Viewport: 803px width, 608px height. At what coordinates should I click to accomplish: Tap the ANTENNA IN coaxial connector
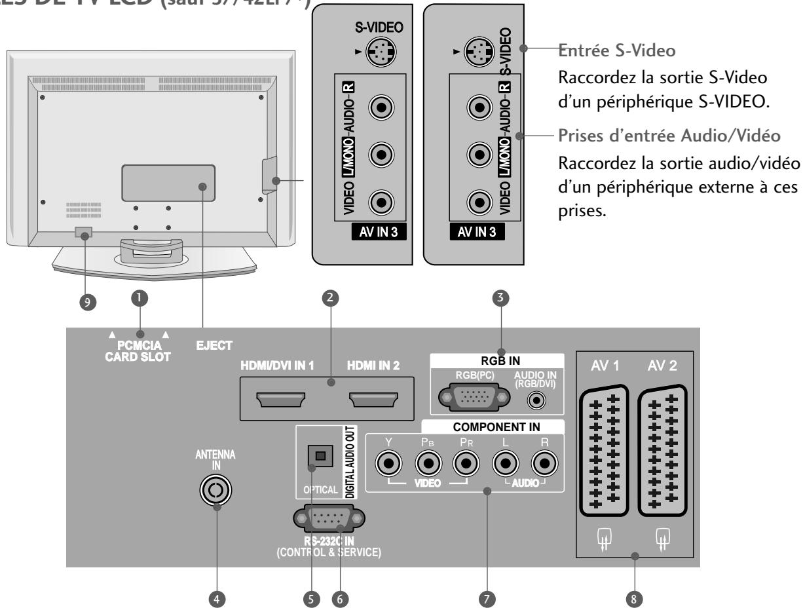coord(217,489)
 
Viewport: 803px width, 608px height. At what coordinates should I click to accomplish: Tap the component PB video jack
coord(428,465)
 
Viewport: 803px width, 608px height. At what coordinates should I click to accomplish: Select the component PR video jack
coord(466,465)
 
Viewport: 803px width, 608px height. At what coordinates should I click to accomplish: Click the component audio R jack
coord(543,465)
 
